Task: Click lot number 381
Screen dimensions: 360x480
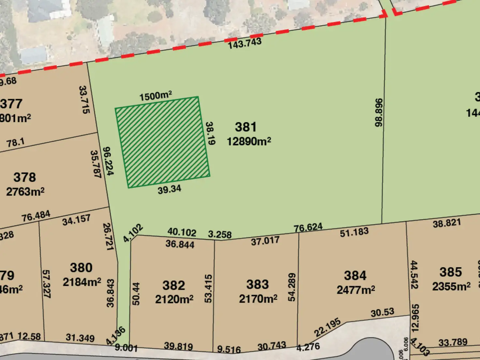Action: (246, 127)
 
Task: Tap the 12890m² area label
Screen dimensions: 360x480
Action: (249, 141)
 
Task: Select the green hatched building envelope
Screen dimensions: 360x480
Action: (162, 142)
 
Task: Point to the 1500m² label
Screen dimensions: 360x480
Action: (156, 96)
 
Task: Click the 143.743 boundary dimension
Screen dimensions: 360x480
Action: (245, 43)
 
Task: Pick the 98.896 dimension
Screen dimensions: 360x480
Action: (379, 112)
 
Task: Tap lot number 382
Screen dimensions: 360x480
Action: (173, 285)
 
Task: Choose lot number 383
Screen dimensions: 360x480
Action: (258, 284)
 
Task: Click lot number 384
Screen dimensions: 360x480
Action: (355, 276)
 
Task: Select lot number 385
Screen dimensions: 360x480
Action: (451, 272)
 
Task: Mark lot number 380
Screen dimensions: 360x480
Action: (81, 268)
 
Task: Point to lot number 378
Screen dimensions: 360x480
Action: (25, 177)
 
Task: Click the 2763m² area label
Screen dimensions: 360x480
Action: (25, 191)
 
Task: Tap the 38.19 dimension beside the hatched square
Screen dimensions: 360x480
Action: (210, 133)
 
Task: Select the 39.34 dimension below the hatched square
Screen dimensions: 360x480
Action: (169, 189)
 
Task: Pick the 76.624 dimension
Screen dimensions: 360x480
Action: (308, 227)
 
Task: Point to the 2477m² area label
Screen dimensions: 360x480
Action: (356, 290)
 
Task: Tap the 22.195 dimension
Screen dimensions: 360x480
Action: (327, 327)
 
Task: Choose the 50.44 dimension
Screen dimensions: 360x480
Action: (136, 293)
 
